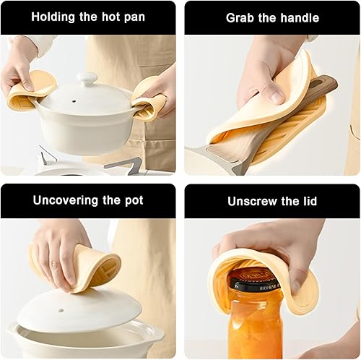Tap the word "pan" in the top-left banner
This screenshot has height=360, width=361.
(134, 18)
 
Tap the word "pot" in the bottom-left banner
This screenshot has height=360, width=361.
(134, 200)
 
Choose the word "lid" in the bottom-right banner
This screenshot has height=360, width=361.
(310, 201)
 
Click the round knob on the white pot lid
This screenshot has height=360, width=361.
(87, 79)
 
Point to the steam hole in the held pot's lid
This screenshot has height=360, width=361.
(74, 100)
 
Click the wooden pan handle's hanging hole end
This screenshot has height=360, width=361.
(323, 82)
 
